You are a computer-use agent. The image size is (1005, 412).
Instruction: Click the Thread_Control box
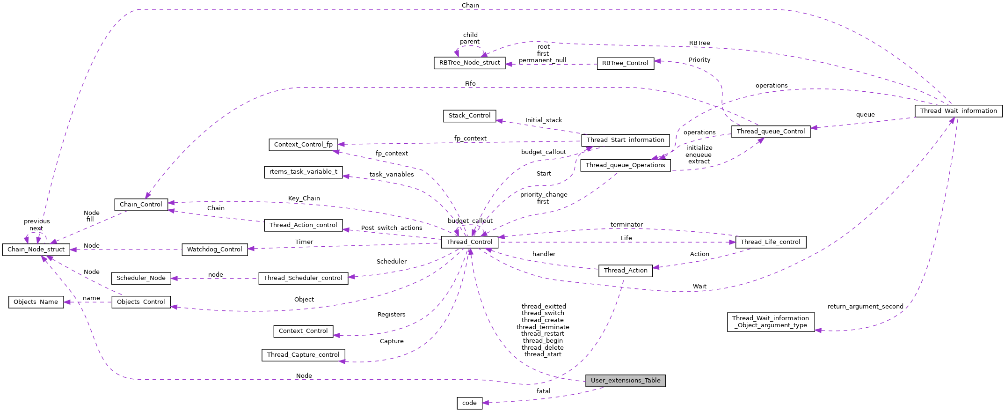coord(469,242)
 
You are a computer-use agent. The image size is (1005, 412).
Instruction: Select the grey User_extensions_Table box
coord(625,381)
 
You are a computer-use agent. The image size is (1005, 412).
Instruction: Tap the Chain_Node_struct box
coord(36,250)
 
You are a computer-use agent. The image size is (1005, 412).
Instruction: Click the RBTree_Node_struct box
coord(469,63)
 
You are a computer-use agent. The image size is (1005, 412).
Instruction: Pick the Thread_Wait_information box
coord(958,111)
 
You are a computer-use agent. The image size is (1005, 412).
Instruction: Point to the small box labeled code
coord(469,403)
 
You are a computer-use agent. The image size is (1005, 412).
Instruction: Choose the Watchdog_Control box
coord(214,250)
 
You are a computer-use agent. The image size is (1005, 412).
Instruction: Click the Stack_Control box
coord(469,116)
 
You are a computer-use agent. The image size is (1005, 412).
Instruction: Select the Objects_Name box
coord(36,302)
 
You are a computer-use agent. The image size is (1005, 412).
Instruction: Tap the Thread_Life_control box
coord(770,242)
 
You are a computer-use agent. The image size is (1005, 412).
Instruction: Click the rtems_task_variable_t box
coord(303,172)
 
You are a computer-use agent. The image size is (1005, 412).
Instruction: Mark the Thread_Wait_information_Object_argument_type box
coord(770,322)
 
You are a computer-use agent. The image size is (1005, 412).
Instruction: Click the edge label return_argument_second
coord(865,307)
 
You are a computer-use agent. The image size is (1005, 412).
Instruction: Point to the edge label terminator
coord(626,225)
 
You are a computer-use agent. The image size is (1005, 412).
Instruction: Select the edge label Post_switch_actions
coord(392,228)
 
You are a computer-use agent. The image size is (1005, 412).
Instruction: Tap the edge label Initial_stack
coord(543,120)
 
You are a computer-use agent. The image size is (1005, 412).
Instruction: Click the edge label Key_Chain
coord(304,199)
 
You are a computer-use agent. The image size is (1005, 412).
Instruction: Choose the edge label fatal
coord(543,391)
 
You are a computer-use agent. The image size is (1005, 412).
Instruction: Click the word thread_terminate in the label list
coord(543,327)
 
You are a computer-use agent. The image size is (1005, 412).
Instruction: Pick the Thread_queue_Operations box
coord(625,165)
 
